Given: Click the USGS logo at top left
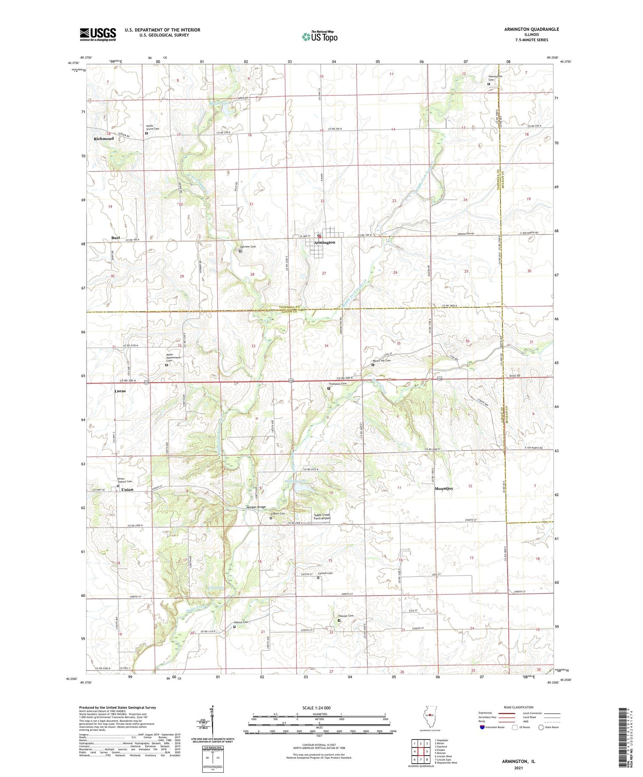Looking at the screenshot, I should click(98, 34).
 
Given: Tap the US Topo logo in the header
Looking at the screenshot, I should click(319, 37).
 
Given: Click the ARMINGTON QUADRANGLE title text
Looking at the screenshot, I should click(532, 29).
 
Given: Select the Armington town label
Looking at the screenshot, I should click(325, 243).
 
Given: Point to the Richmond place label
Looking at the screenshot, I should click(104, 139).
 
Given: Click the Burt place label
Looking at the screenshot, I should click(115, 237).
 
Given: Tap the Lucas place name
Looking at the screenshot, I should click(120, 391).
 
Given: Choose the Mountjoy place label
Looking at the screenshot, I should click(444, 489).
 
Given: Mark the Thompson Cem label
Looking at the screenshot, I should click(337, 384).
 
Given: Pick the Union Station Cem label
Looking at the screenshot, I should click(125, 481).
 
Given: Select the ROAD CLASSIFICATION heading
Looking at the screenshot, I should click(519, 708).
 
